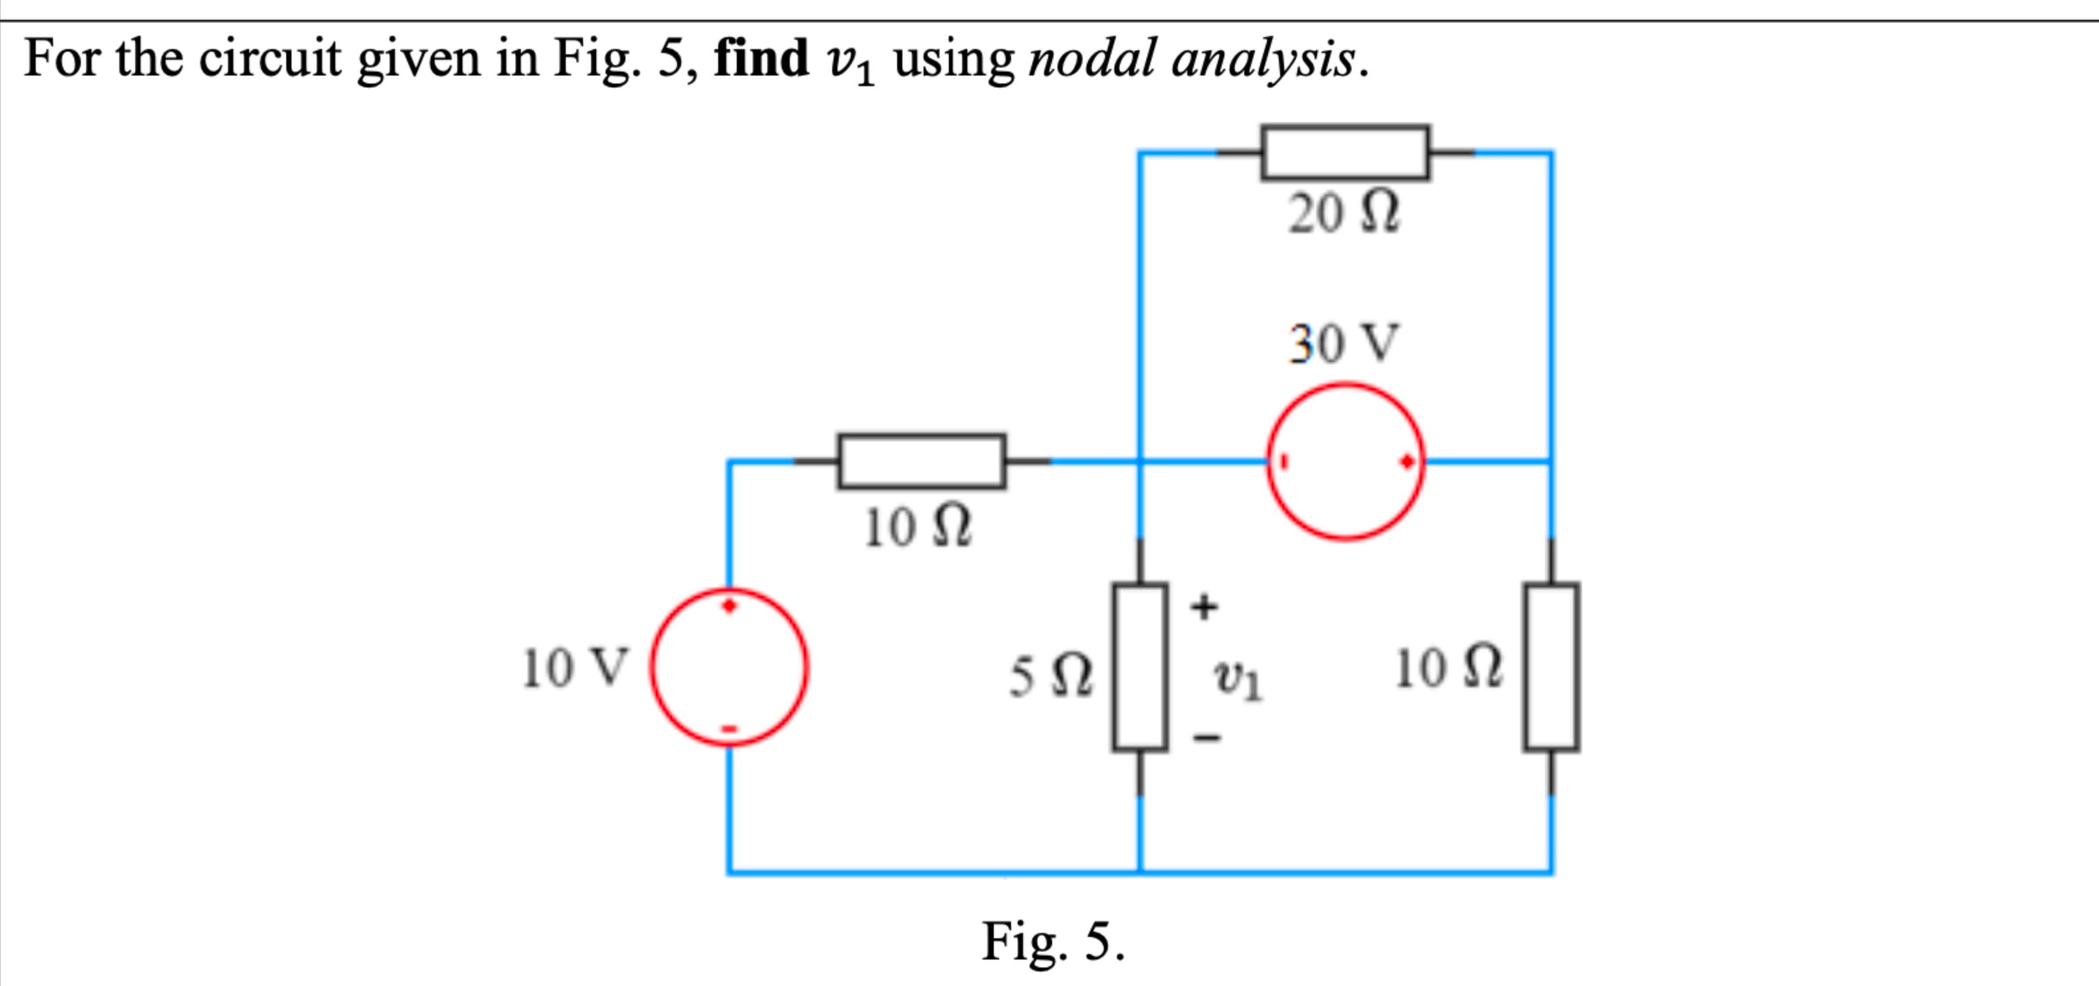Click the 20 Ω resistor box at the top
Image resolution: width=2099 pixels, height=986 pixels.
click(1344, 152)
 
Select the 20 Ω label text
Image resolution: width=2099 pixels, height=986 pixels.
click(1343, 213)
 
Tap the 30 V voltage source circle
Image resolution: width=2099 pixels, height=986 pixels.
click(1344, 461)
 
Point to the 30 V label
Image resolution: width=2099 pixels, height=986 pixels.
click(1343, 343)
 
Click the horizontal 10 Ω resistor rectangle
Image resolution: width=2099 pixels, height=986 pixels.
click(922, 461)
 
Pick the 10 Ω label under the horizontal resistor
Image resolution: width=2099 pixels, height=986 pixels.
click(918, 527)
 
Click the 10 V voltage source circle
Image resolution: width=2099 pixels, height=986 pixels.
click(729, 667)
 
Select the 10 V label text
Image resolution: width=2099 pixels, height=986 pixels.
click(574, 668)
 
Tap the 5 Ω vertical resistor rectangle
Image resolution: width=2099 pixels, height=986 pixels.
click(1140, 667)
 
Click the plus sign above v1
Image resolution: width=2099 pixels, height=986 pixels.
click(1205, 606)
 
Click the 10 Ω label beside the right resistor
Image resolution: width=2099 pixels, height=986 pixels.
click(1447, 668)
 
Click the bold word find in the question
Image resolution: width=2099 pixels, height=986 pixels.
click(761, 59)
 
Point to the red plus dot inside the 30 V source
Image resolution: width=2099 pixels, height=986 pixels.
click(1407, 462)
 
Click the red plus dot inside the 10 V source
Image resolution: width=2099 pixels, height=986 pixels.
click(729, 606)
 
